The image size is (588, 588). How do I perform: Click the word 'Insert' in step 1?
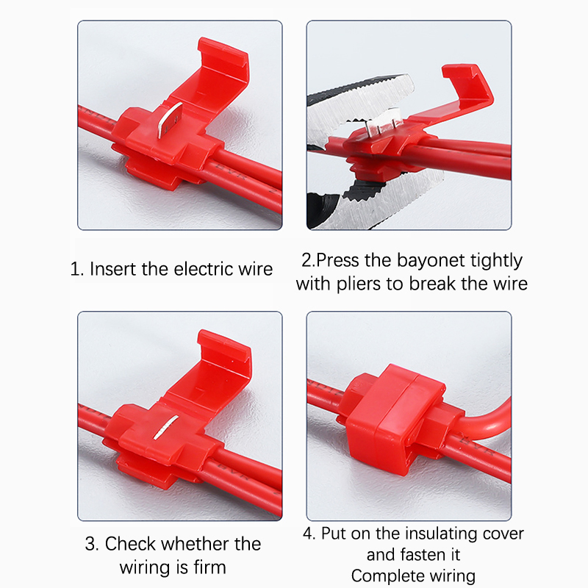(x=113, y=269)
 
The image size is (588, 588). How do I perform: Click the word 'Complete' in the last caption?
(x=387, y=576)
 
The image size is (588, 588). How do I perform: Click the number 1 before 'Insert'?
(x=76, y=269)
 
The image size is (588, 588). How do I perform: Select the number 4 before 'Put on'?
(x=309, y=534)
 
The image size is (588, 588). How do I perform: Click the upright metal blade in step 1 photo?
(x=170, y=119)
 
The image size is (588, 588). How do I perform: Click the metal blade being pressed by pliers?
(x=382, y=122)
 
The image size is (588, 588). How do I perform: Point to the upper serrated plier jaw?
(x=360, y=98)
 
